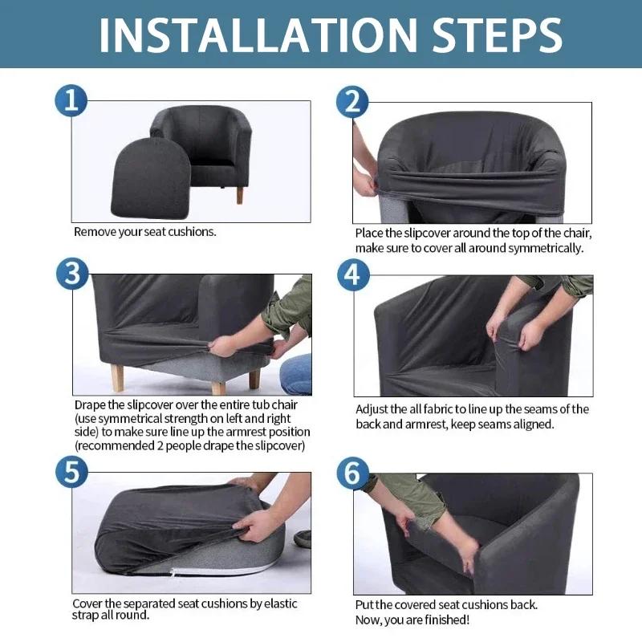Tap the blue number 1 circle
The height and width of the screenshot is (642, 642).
pos(71,101)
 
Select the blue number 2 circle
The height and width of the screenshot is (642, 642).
pos(351,101)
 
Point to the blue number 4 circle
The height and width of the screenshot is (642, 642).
pos(351,274)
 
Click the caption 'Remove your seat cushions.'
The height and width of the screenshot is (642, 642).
pos(145,232)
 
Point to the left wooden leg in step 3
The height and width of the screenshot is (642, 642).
pos(117,376)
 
